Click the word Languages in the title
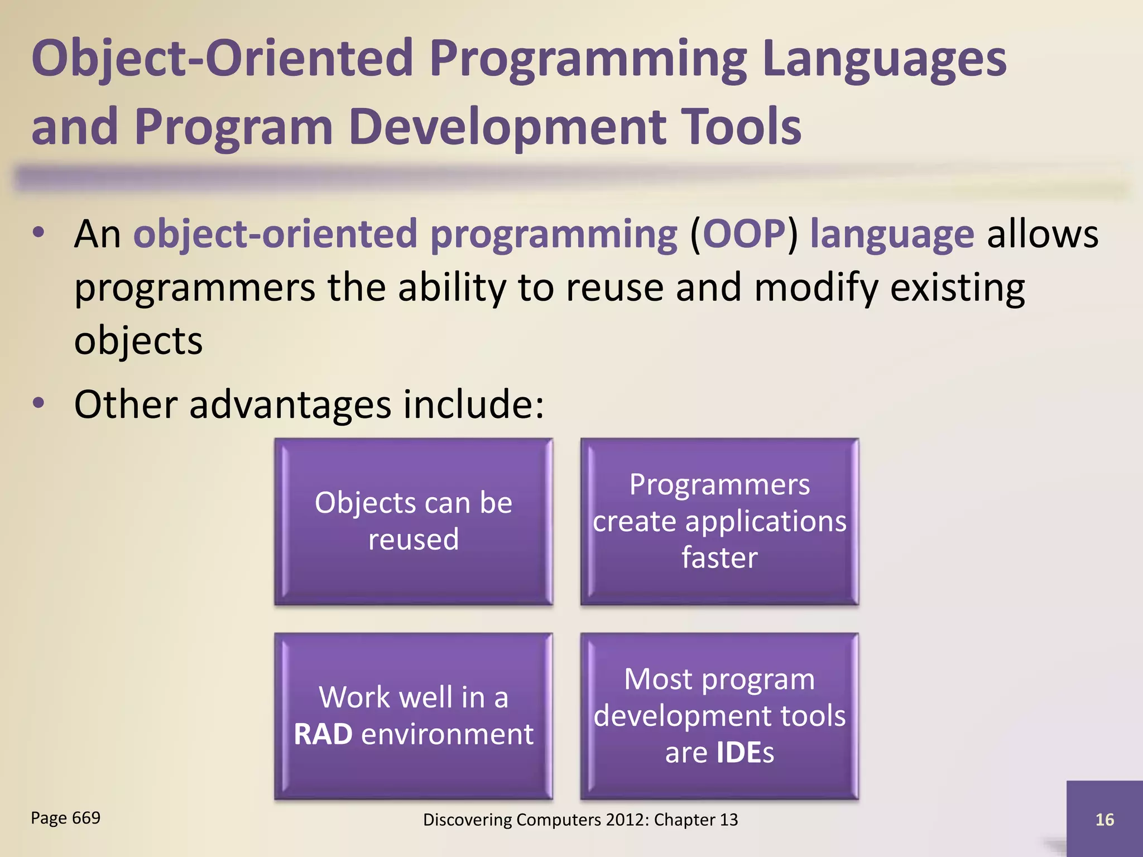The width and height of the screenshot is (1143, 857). pyautogui.click(x=884, y=60)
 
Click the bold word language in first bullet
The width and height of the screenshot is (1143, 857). pyautogui.click(x=892, y=235)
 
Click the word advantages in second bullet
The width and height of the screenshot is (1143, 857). pyautogui.click(x=290, y=405)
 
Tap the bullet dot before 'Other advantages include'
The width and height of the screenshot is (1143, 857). pyautogui.click(x=38, y=403)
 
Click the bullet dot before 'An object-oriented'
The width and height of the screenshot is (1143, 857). pyautogui.click(x=38, y=233)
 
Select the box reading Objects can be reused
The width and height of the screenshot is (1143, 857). pyautogui.click(x=414, y=521)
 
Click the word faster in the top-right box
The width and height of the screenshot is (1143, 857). pyautogui.click(x=719, y=557)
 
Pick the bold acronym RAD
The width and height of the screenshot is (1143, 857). pyautogui.click(x=323, y=734)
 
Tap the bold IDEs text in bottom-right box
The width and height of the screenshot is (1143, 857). pyautogui.click(x=745, y=753)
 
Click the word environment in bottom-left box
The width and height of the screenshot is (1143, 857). pyautogui.click(x=447, y=734)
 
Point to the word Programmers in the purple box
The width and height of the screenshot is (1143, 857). pyautogui.click(x=719, y=484)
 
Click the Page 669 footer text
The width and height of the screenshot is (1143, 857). pyautogui.click(x=65, y=818)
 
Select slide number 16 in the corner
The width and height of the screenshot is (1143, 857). pyautogui.click(x=1104, y=820)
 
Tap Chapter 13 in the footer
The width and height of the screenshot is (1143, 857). pyautogui.click(x=695, y=820)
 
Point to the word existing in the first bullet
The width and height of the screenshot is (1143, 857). pyautogui.click(x=957, y=288)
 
